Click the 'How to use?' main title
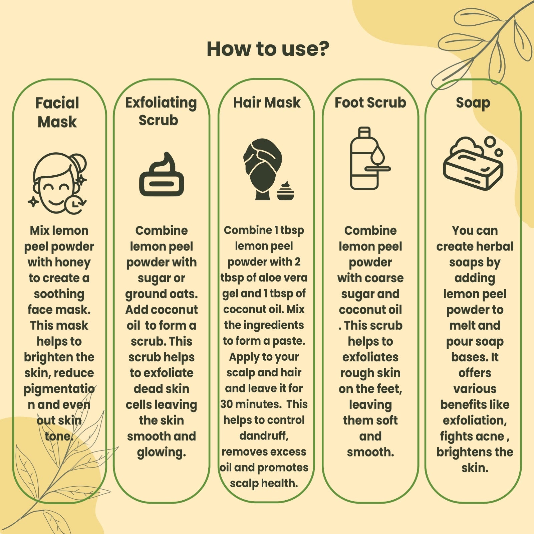pos(268,49)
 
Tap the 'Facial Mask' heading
pos(57,112)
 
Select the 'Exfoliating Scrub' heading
pos(161,111)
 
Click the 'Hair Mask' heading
pos(267,103)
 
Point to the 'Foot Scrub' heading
pos(370,103)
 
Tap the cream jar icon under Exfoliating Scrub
pos(162,174)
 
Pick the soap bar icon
pos(473,163)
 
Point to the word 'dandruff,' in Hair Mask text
pos(264,436)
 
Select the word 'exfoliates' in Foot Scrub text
pos(370,357)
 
